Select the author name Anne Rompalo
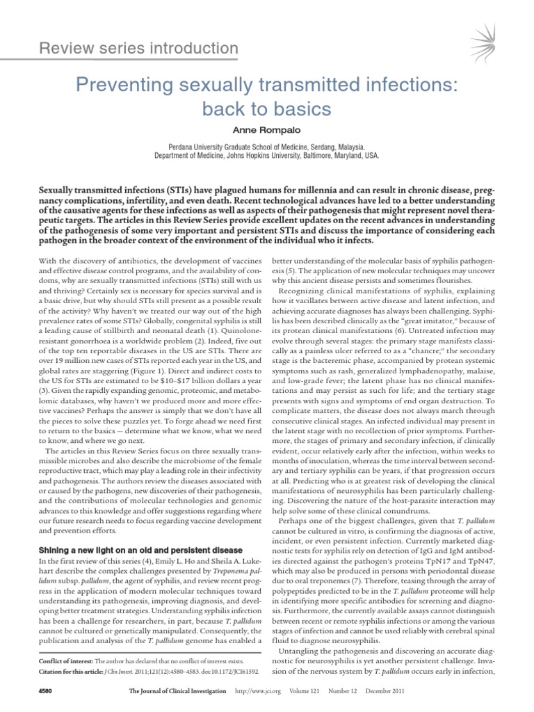pyautogui.click(x=267, y=130)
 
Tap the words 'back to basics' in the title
pyautogui.click(x=267, y=109)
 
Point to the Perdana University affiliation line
pyautogui.click(x=267, y=147)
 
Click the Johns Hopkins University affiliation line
pyautogui.click(x=267, y=156)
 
